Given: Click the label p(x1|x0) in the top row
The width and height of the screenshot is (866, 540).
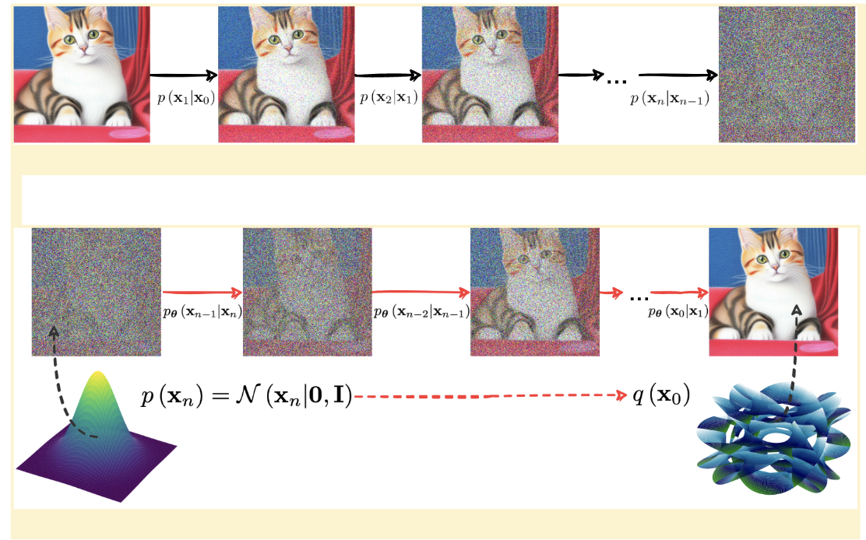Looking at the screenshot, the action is [184, 99].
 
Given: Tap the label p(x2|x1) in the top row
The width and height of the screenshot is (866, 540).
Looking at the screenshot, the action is [388, 99].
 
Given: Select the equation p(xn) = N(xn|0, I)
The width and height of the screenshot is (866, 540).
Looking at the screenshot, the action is [248, 397].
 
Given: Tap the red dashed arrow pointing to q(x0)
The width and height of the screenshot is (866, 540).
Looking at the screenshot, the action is [491, 396].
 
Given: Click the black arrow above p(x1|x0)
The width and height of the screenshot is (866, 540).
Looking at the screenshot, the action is [184, 75].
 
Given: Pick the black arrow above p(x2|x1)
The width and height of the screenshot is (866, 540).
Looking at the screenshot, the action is [388, 75].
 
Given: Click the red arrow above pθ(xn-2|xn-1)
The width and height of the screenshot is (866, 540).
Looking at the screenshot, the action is [421, 293].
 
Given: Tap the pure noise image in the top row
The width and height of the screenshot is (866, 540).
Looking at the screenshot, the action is [786, 74].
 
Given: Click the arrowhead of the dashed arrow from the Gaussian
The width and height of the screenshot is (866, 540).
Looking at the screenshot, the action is [54, 331].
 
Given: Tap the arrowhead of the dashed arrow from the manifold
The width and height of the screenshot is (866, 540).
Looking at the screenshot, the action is [797, 310].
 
